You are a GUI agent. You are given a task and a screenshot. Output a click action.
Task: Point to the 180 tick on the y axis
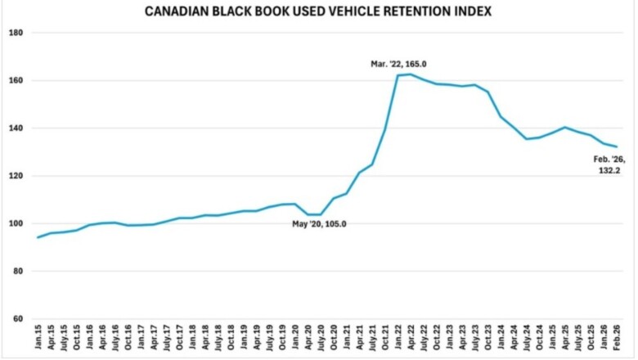(x=15, y=33)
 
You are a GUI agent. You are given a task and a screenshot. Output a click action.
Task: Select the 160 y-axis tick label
(x=15, y=81)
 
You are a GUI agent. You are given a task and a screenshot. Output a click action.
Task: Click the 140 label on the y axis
(x=15, y=128)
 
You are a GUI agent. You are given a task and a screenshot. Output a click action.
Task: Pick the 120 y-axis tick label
(x=15, y=176)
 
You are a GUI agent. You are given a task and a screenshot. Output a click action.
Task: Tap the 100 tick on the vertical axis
(x=15, y=223)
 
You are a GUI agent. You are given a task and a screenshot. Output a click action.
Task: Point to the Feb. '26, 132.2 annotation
(x=606, y=165)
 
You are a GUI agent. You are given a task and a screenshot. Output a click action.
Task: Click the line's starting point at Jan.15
(x=38, y=237)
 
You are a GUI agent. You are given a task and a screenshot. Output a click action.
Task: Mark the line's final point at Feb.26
(x=616, y=147)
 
